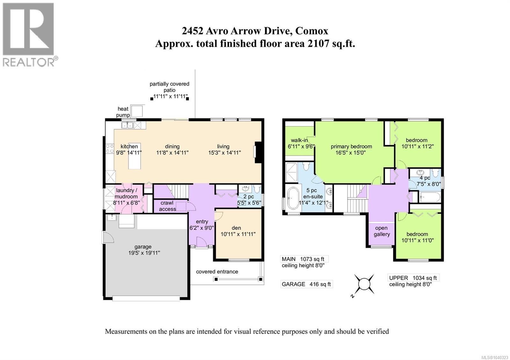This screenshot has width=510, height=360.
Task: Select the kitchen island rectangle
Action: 134,156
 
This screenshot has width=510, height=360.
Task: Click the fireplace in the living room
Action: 258,152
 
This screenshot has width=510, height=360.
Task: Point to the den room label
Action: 236,228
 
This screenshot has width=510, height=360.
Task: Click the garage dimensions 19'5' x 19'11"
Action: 144,253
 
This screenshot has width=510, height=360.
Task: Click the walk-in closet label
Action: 299,140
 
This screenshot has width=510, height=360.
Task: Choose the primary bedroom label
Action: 351,147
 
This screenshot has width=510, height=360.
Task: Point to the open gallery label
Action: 382,231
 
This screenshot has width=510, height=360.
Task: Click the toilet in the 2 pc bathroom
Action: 257,189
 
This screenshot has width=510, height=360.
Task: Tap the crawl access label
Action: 167,206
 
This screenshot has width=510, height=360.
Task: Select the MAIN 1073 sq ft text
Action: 303,259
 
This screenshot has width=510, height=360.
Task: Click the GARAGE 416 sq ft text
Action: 306,284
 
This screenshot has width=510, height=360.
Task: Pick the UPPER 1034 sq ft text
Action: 413,278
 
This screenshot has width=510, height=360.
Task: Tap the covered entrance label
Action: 217,272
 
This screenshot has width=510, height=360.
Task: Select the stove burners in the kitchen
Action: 110,148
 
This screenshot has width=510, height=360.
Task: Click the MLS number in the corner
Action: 496,357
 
